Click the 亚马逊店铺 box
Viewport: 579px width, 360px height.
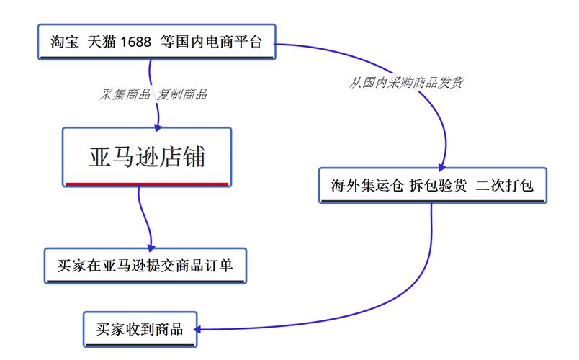147,157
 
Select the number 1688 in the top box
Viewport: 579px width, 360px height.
135,42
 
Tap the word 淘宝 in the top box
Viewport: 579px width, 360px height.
65,42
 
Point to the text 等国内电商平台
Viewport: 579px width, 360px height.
211,42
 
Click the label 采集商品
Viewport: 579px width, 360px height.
125,94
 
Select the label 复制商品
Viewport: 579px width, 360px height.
182,94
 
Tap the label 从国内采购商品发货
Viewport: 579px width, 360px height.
406,82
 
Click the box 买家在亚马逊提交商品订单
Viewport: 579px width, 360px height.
145,266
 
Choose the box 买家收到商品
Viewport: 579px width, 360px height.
140,329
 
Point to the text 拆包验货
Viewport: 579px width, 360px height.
438,185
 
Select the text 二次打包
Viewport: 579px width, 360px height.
504,185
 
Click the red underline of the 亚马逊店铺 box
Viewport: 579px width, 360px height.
147,184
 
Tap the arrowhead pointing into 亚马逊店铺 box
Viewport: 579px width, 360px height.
158,127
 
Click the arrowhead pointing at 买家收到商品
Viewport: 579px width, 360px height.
197,329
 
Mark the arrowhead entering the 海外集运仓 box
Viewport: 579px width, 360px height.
441,167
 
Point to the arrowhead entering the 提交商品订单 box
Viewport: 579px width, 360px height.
151,248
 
